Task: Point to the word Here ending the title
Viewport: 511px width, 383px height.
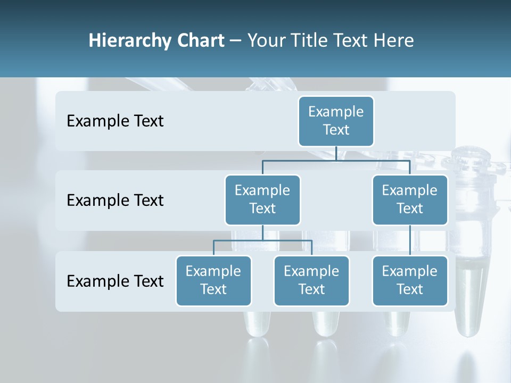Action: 394,40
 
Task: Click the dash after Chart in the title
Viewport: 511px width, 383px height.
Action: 236,41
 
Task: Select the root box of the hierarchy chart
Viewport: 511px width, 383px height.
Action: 336,121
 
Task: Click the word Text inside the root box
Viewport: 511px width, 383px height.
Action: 336,130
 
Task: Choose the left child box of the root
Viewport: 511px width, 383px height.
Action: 262,199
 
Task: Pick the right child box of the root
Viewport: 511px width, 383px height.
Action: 410,199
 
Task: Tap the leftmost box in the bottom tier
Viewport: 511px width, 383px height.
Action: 213,280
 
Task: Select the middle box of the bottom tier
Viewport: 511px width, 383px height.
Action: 311,280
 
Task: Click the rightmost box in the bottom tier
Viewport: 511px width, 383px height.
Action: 410,280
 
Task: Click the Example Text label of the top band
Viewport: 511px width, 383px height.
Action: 115,121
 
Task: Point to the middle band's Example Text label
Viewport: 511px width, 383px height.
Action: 115,201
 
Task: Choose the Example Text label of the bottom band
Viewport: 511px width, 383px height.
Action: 115,281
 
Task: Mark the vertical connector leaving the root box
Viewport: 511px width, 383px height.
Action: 336,153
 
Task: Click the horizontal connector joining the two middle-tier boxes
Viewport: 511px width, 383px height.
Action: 336,160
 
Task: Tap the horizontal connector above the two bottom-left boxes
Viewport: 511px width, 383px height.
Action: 262,240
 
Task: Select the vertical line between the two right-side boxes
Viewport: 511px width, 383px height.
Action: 410,240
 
